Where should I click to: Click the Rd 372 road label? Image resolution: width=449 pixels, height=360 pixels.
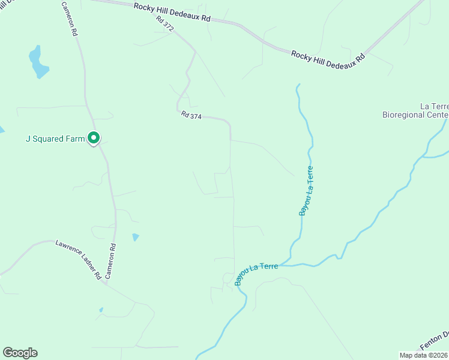point(165,23)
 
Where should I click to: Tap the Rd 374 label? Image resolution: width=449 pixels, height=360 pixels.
point(191,116)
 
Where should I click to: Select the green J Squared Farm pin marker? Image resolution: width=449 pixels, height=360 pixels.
point(94,139)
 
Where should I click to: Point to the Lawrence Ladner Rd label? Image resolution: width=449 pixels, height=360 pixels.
point(78,260)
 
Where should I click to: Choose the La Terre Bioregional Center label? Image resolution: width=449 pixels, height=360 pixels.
point(416,110)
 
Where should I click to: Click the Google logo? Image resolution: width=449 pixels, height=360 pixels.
point(20,353)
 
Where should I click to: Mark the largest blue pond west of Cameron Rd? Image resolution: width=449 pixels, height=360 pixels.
point(38,62)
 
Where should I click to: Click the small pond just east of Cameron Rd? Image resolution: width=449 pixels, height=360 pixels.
point(136,237)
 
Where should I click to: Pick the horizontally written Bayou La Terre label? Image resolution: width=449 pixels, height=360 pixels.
point(256,272)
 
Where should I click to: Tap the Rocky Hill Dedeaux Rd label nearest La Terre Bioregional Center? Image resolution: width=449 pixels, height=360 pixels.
point(328,58)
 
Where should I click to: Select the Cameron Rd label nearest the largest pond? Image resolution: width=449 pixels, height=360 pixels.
point(70,19)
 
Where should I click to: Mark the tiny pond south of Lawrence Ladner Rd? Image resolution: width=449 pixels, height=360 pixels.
point(101,310)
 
